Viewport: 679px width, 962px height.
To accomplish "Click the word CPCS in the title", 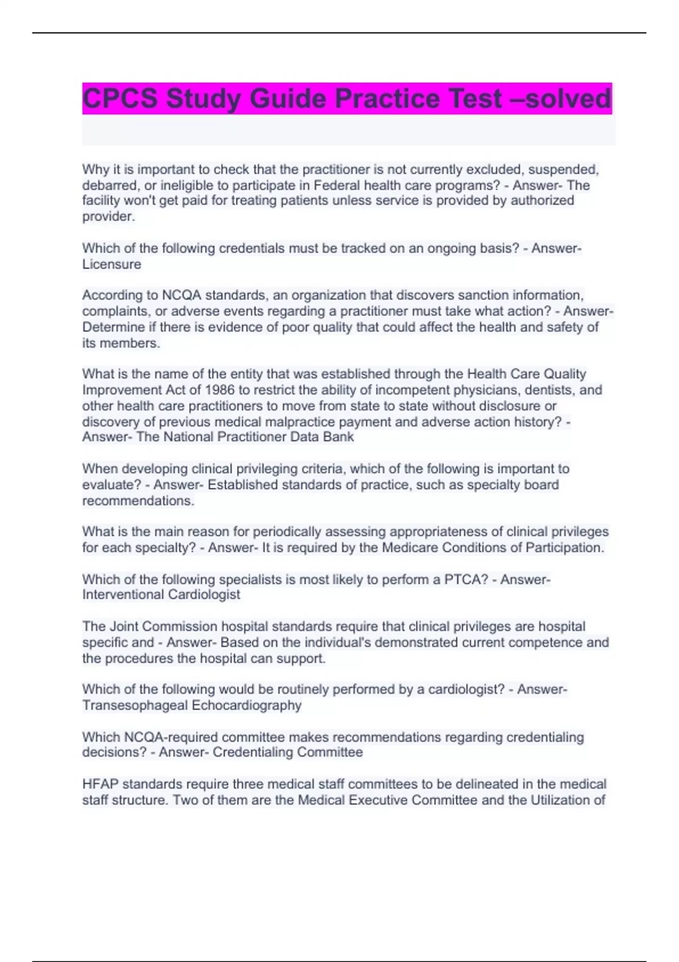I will tap(120, 98).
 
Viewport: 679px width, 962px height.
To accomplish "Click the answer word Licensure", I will tap(111, 264).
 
